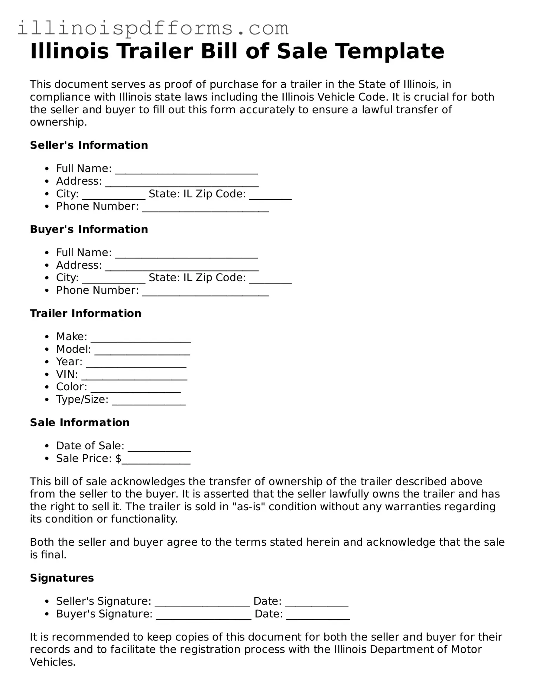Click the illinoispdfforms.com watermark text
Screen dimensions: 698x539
coord(153,28)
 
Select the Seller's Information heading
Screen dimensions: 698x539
coord(89,145)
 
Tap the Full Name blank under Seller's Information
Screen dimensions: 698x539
coord(187,169)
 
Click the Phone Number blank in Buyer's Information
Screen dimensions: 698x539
coord(206,292)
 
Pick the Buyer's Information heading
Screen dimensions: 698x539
coord(89,229)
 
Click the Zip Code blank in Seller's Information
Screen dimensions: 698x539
coord(270,195)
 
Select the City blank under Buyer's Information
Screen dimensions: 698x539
coord(113,279)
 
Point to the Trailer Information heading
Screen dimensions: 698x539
coord(85,313)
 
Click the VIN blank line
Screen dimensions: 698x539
coord(134,375)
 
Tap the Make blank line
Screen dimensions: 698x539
coord(141,338)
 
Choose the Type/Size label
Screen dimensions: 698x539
coord(82,399)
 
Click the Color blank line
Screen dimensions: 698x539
coord(135,388)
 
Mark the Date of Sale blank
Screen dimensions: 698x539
coord(159,447)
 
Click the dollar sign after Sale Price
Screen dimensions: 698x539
coord(118,459)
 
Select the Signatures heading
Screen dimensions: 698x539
coord(62,578)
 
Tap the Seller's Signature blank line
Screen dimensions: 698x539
coord(202,602)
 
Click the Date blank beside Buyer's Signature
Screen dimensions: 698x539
coord(318,615)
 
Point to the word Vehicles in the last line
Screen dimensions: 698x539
coord(52,662)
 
